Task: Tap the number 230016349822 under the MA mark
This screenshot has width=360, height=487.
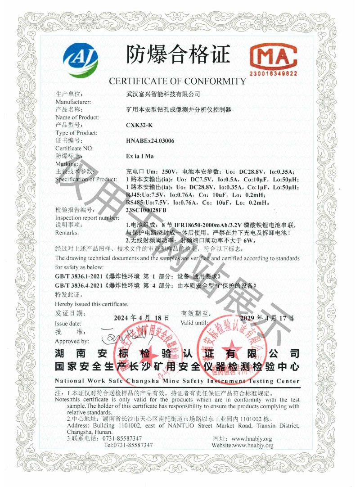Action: coord(274,73)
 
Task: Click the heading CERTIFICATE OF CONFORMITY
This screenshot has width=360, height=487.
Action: coord(178,81)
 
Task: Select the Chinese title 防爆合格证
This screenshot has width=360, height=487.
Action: coord(178,54)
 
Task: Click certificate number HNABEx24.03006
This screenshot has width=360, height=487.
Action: coord(151,140)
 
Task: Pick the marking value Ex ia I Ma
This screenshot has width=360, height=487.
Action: coord(141,156)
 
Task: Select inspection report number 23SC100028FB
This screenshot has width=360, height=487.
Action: coord(147,210)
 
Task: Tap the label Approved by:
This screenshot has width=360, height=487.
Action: coord(72,342)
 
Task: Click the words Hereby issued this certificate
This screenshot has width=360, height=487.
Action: coord(85,304)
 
